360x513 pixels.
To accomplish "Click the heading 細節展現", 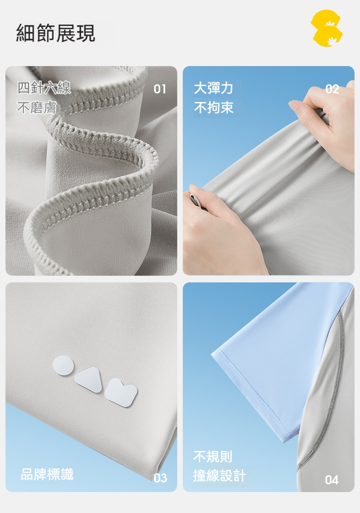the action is pos(56,33).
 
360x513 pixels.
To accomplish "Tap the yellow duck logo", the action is pos(327,28).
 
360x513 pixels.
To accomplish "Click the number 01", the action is pos(159,89).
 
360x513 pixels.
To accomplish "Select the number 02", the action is pos(332,89).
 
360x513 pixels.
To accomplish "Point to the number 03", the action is pos(160,478).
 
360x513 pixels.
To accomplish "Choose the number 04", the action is pos(332,480).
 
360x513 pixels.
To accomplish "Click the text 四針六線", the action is pos(44,88).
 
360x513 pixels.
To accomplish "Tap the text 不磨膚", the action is pos(36,108).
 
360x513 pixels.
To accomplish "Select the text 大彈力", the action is pos(213,88).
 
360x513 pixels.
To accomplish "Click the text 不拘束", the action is pos(214,108).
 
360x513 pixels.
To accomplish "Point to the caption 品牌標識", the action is pos(47,474).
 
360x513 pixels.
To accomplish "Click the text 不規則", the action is pos(213,457).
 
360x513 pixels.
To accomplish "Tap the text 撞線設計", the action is pos(219,475).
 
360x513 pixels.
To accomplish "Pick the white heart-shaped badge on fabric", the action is pos(121,393).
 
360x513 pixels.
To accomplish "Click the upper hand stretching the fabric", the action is pos(327,121).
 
